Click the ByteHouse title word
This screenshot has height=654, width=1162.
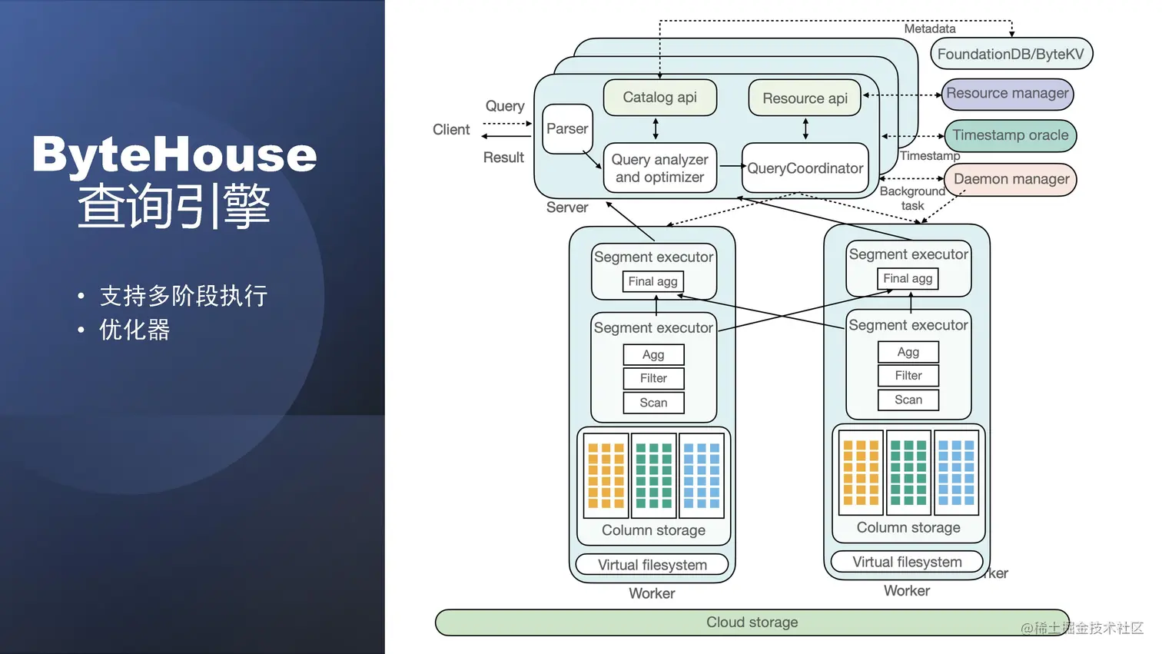(x=174, y=154)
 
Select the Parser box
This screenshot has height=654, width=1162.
(x=567, y=129)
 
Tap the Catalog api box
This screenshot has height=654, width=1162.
(x=659, y=98)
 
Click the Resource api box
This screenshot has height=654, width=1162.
(x=805, y=98)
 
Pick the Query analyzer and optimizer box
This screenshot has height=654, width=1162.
(x=659, y=168)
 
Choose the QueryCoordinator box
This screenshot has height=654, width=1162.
(x=805, y=168)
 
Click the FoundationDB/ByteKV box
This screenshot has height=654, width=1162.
(x=1011, y=55)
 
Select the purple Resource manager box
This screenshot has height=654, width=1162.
(x=1007, y=94)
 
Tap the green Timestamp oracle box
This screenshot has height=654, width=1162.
(x=1010, y=135)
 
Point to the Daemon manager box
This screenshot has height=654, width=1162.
(x=1011, y=179)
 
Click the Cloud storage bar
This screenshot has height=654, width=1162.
(x=752, y=622)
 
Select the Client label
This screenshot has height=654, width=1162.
(x=451, y=130)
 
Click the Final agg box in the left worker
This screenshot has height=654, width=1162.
(x=652, y=282)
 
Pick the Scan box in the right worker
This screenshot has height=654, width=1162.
(x=908, y=400)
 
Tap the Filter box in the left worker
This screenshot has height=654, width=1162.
(x=653, y=378)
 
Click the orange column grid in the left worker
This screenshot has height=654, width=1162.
(x=606, y=476)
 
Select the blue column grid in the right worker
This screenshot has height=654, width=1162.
(x=956, y=473)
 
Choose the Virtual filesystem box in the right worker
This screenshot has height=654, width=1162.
(x=907, y=562)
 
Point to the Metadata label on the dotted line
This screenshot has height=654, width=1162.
(x=929, y=29)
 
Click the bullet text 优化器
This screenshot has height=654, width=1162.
(x=134, y=330)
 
